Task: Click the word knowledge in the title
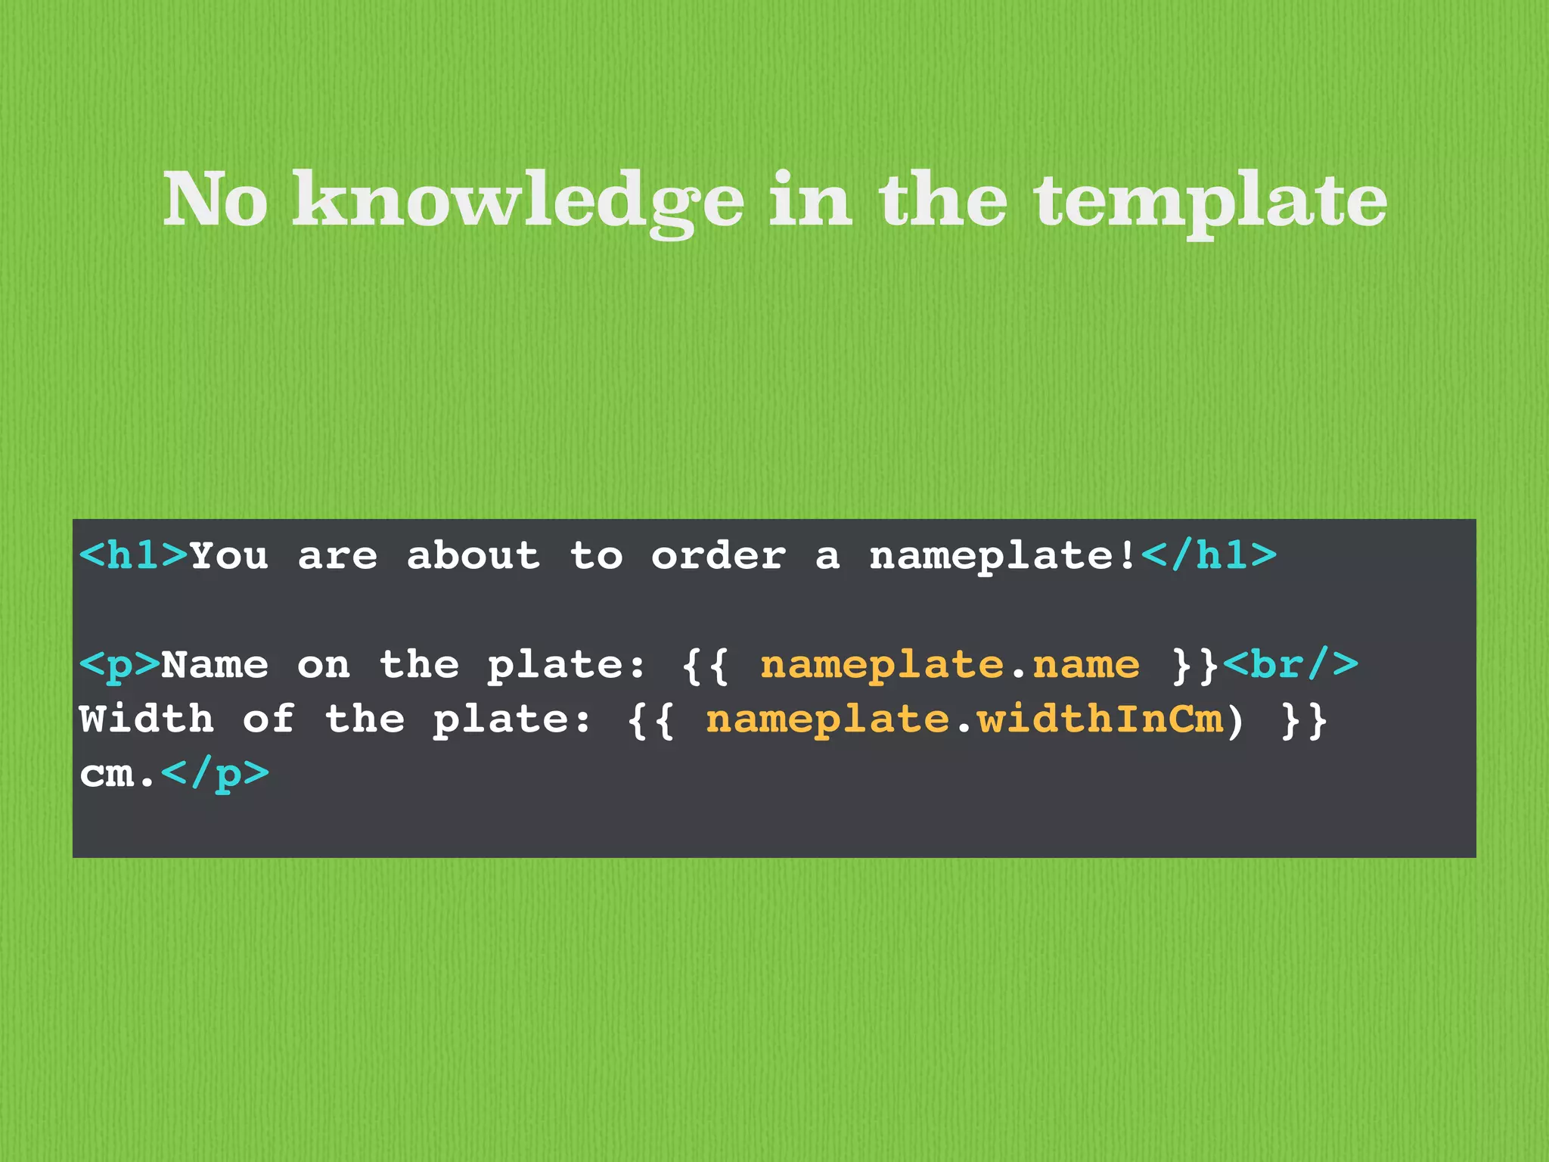pos(518,200)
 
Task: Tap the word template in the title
pos(1210,200)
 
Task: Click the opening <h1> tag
pos(133,556)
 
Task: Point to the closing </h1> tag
pos(1209,556)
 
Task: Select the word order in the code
pos(718,556)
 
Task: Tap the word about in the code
pos(473,556)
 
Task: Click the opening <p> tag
pos(120,666)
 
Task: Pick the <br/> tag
pos(1290,665)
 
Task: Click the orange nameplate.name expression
pos(949,666)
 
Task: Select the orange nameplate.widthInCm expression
pos(964,719)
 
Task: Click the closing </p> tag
pos(216,774)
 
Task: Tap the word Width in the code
pos(147,719)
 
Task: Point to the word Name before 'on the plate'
pos(215,666)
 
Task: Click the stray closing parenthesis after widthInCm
pos(1234,719)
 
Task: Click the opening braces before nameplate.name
pos(705,666)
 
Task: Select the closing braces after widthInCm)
pos(1304,719)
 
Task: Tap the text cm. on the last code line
pos(118,774)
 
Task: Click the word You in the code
pos(228,556)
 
